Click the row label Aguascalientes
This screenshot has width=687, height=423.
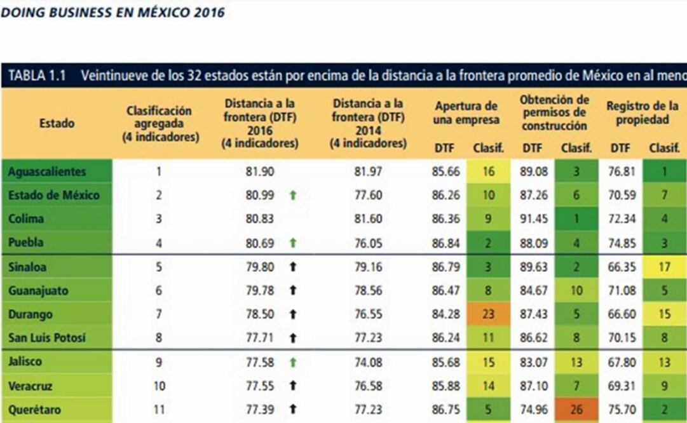coord(47,171)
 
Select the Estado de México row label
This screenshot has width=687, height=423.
coord(53,196)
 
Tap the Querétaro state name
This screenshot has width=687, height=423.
coord(35,410)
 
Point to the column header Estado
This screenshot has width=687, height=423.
coord(57,123)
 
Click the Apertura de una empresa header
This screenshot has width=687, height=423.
coord(467,113)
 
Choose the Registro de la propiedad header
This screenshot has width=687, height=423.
coord(642,113)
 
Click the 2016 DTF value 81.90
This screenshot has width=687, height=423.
coord(259,171)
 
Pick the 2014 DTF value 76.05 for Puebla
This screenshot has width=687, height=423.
coord(368,243)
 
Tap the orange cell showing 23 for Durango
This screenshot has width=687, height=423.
coord(488,314)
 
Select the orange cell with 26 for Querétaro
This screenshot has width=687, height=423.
coord(576,410)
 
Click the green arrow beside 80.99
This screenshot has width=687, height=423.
coord(292,196)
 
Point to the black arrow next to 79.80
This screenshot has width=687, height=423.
coord(292,267)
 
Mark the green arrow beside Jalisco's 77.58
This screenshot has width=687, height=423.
coord(292,362)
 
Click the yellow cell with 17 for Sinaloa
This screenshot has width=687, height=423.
coord(664,267)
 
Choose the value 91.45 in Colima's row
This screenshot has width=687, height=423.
coord(533,219)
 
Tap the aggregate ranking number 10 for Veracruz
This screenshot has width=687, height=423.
coord(159,386)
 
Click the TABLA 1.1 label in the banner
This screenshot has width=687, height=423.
coord(37,76)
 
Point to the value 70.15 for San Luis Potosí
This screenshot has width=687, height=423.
coord(620,339)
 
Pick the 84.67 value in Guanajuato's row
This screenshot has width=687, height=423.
coord(533,291)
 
